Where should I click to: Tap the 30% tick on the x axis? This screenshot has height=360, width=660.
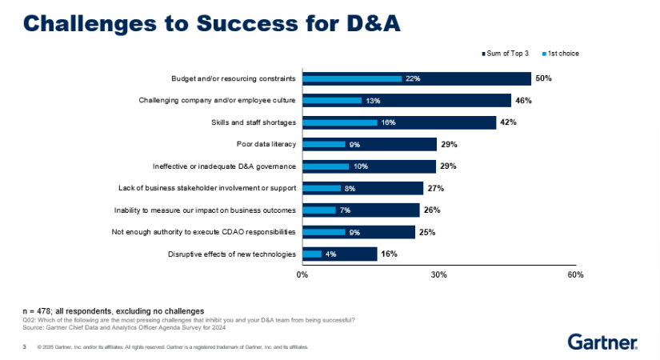438,274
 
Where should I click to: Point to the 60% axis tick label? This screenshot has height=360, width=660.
574,274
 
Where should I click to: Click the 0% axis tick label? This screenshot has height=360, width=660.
302,274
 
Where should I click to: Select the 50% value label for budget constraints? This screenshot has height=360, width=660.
544,78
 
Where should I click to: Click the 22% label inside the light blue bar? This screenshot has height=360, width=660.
413,78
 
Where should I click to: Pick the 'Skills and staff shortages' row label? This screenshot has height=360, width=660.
253,122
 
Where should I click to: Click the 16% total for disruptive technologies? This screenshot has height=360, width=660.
389,254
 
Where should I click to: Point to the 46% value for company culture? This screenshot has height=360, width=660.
524,101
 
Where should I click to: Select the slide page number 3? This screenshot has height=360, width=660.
25,347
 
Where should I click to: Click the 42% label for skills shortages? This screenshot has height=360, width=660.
509,122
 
